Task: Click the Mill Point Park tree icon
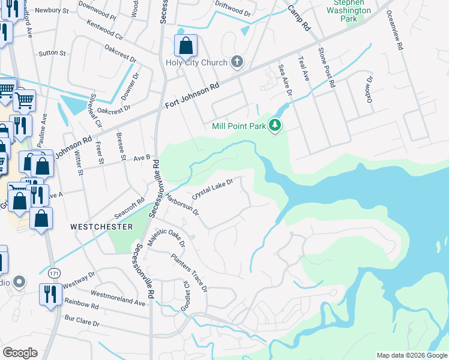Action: (x=276, y=125)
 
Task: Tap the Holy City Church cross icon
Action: (x=237, y=62)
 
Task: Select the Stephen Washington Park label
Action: (x=348, y=11)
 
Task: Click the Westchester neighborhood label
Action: (x=101, y=227)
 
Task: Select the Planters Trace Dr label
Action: (x=189, y=273)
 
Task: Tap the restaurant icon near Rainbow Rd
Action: (x=48, y=295)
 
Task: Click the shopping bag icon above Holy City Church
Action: (x=185, y=46)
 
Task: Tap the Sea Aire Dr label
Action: (x=285, y=80)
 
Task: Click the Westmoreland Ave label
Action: (x=118, y=298)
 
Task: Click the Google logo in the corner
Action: (x=20, y=353)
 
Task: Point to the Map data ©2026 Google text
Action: (x=411, y=355)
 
